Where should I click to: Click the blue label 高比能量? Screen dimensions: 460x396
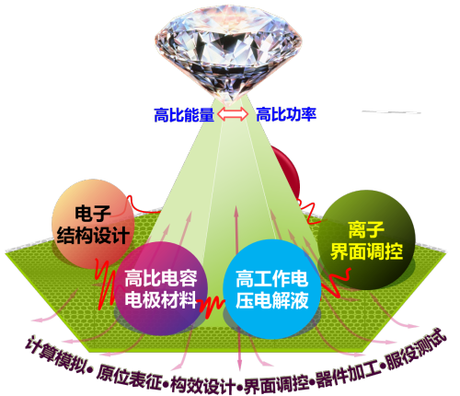[184, 115]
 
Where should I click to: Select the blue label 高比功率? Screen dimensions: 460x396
[286, 114]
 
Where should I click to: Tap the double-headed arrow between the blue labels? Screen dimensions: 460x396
[233, 114]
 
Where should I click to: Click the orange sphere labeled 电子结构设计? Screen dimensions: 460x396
[93, 224]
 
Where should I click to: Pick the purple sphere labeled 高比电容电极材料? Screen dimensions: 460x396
[161, 288]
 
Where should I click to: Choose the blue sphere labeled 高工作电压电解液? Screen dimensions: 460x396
[271, 288]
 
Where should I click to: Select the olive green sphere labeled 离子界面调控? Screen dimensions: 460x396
[366, 240]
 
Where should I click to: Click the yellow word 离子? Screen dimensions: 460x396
[366, 230]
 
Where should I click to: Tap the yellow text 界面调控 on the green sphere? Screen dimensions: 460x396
[366, 251]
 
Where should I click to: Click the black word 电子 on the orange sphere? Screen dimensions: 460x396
[93, 213]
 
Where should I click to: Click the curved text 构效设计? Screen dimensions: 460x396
[203, 386]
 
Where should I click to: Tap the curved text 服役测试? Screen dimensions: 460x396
[416, 350]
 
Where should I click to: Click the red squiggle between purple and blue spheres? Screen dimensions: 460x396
[212, 306]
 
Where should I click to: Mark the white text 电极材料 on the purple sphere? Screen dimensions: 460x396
[161, 299]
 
